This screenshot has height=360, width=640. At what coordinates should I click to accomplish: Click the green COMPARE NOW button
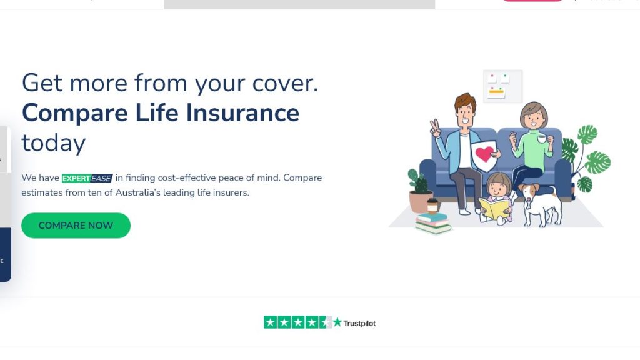tap(76, 225)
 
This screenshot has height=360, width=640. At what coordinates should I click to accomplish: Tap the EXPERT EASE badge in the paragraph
tap(87, 178)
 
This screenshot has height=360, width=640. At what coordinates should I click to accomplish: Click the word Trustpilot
tap(359, 323)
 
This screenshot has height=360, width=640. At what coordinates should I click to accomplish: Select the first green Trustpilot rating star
tap(270, 322)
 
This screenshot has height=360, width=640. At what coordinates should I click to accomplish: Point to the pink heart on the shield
tap(484, 154)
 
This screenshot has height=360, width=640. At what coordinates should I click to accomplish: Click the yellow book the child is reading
tap(494, 208)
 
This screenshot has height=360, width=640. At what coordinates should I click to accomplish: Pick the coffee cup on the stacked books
tap(432, 206)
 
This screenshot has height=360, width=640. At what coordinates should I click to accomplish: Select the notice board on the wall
tap(503, 86)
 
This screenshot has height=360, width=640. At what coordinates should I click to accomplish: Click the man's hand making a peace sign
tap(435, 128)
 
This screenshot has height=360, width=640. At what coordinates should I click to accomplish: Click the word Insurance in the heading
tap(242, 112)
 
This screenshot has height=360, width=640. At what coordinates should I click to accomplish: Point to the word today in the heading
tap(54, 144)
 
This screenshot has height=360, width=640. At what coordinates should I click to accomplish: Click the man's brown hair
tap(465, 101)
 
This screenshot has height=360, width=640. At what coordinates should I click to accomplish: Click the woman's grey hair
tap(532, 109)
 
